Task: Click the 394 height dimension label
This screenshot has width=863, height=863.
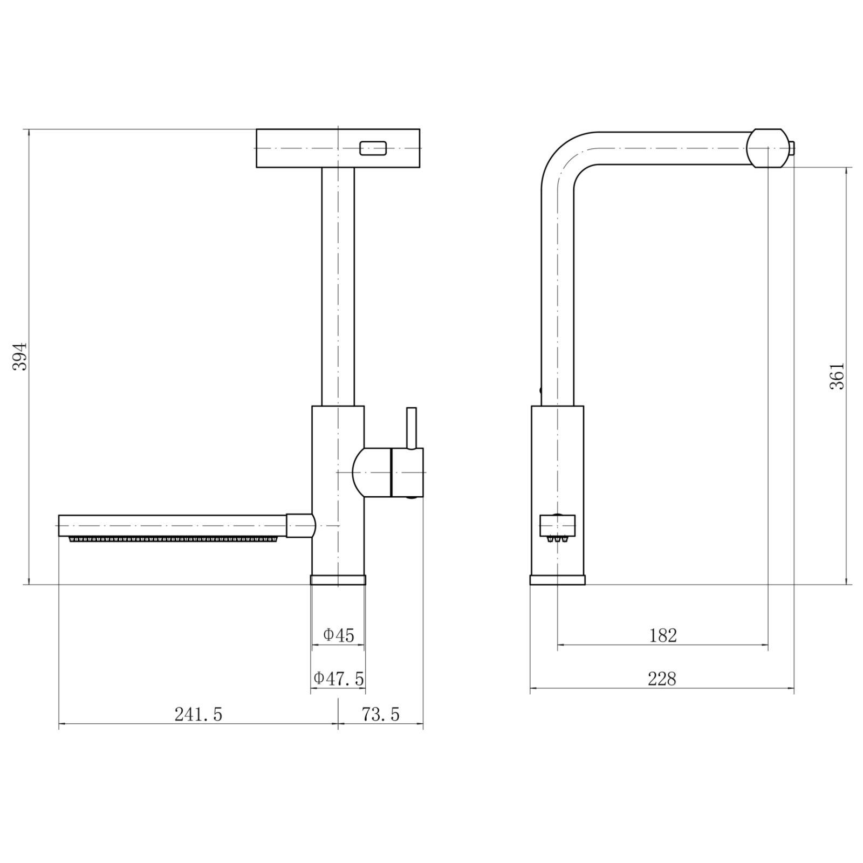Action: click(20, 356)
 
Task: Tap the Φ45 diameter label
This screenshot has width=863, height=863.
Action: click(339, 635)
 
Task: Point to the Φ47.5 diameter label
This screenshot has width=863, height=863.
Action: click(339, 678)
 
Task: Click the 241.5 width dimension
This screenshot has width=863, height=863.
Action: click(198, 714)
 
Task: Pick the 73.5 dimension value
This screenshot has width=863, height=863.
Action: click(381, 714)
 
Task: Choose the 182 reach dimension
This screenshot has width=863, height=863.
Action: click(663, 635)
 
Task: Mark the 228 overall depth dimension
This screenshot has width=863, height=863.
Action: click(662, 679)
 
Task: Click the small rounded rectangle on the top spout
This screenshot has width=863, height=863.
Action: click(373, 148)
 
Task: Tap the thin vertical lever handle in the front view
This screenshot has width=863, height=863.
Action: click(412, 428)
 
